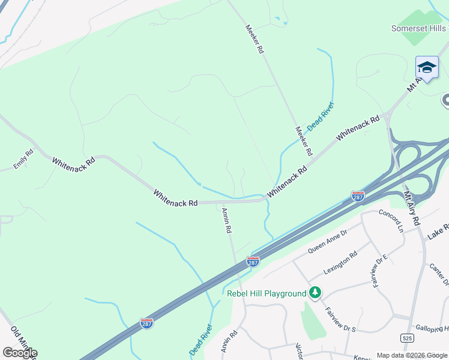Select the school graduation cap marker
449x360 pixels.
point(427,68)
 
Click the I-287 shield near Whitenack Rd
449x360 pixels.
point(358,196)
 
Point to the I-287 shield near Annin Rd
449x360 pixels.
point(253,262)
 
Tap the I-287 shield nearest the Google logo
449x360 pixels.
point(146,323)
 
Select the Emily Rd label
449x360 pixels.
point(25,159)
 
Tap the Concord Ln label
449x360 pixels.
point(391,221)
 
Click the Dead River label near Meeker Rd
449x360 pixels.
point(321,117)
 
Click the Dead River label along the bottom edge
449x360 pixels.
point(201,340)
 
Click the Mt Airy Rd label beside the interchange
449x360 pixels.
point(412,208)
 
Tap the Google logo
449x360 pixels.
point(19,353)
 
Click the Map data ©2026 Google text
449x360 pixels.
point(412,355)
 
